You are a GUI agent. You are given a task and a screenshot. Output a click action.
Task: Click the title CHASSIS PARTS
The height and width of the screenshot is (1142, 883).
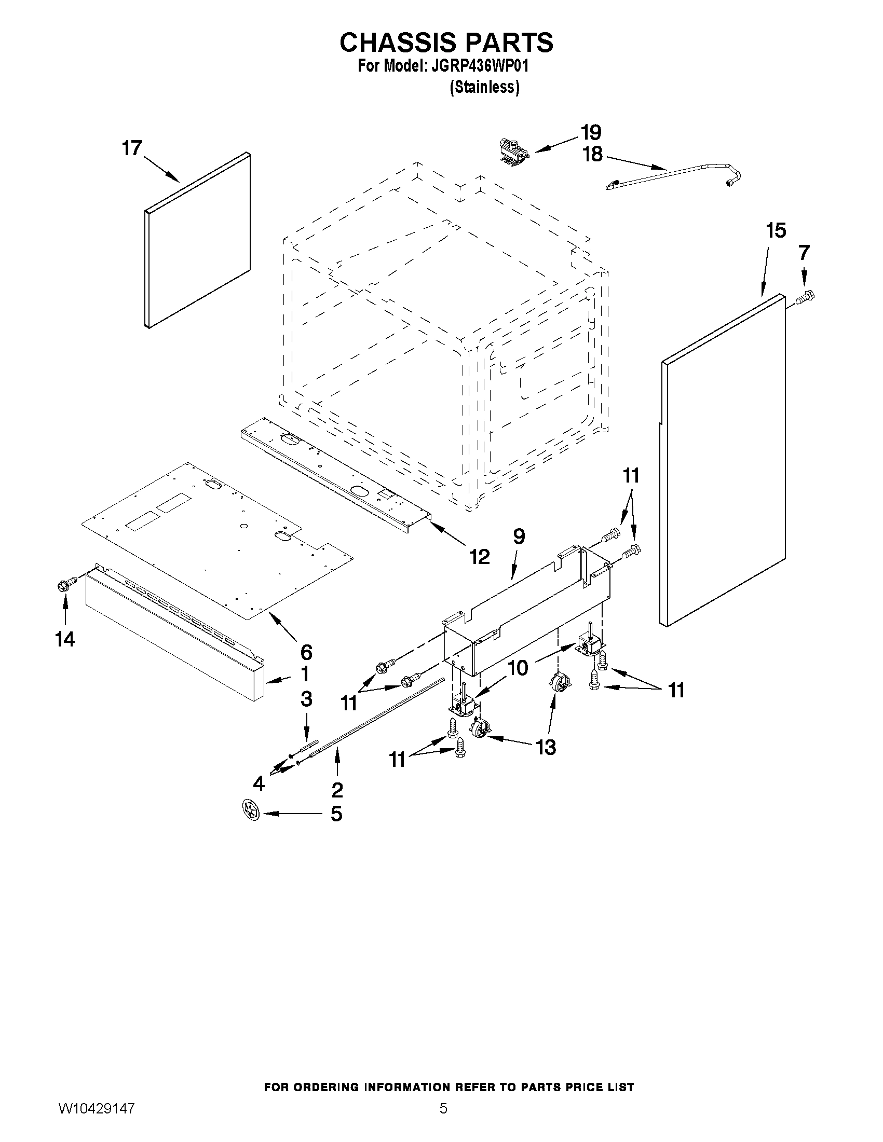pyautogui.click(x=446, y=43)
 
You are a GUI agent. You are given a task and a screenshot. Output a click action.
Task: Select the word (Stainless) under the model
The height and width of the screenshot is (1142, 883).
pyautogui.click(x=484, y=87)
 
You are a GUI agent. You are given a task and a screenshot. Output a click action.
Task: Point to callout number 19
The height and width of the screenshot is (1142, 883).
pyautogui.click(x=590, y=132)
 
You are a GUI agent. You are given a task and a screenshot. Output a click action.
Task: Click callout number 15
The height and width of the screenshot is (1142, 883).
pyautogui.click(x=776, y=230)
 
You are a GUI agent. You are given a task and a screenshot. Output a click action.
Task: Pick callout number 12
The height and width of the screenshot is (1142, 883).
pyautogui.click(x=479, y=556)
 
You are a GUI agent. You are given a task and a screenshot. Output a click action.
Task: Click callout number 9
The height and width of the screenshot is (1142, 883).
pyautogui.click(x=519, y=536)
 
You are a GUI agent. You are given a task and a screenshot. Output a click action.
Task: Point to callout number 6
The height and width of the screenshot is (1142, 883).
pyautogui.click(x=306, y=652)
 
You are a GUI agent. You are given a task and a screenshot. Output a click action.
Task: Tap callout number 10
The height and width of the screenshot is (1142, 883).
pyautogui.click(x=518, y=668)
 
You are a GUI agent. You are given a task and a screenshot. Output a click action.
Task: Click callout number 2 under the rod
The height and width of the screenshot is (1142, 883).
pyautogui.click(x=337, y=790)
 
